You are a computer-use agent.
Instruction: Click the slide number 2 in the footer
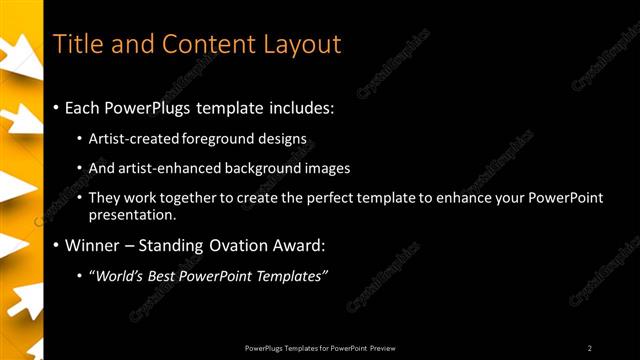click(590, 347)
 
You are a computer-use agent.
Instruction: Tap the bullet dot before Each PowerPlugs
click(56, 107)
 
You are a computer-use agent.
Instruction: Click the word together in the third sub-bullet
click(188, 198)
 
